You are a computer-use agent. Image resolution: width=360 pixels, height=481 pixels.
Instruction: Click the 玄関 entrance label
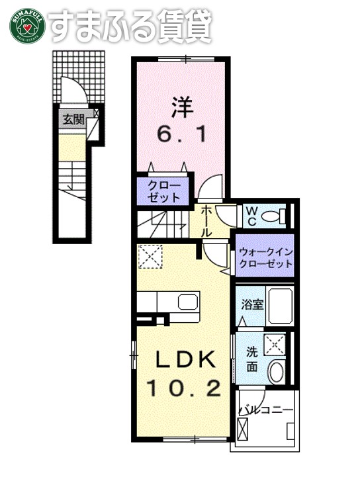(x=73, y=120)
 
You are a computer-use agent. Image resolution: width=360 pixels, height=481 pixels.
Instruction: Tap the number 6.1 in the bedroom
(x=181, y=134)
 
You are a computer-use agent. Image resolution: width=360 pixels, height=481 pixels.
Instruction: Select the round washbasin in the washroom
(x=276, y=372)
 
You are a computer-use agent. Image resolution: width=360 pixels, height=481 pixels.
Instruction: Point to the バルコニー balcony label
(x=264, y=410)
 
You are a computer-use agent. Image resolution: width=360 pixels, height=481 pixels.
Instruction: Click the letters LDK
(x=185, y=361)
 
